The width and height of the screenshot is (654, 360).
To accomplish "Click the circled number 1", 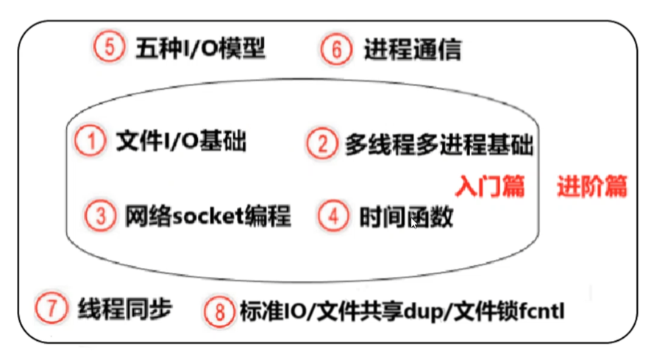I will [90, 141].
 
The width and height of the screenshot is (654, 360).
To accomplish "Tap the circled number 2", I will [321, 143].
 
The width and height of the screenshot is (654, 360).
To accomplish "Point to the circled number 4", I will [333, 216].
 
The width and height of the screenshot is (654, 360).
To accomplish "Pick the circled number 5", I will [108, 48].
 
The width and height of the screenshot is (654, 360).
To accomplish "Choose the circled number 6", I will [335, 49].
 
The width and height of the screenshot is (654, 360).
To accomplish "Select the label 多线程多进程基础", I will [438, 144].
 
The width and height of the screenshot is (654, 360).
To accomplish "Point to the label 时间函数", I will [406, 217].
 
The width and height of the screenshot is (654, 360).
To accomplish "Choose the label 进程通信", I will [413, 49].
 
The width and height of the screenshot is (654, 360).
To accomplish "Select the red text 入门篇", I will [489, 186].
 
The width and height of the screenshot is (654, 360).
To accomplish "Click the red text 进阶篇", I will [592, 186].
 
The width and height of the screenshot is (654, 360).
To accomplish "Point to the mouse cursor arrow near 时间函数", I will [413, 222].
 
